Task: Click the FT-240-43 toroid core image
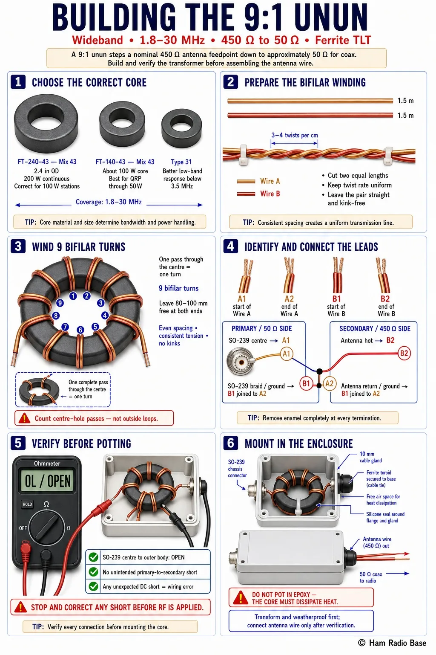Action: coord(46,123)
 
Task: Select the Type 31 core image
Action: coord(182,128)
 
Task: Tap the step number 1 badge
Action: coord(18,82)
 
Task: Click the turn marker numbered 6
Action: coord(80,330)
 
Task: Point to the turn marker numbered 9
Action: coord(60,303)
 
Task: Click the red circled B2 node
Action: coord(404,353)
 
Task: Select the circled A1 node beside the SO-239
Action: coord(286,354)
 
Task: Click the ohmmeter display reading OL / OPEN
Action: coord(47,481)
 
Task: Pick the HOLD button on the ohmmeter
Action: coord(27,504)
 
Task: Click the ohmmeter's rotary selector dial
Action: coord(47,527)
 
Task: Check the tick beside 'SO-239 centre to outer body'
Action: coord(93,557)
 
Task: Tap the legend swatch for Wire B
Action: coord(246,194)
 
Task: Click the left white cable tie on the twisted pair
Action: coord(243,154)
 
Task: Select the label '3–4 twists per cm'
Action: coord(294,135)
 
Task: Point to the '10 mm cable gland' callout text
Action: coord(370,457)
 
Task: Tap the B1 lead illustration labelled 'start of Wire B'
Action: coord(338,275)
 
